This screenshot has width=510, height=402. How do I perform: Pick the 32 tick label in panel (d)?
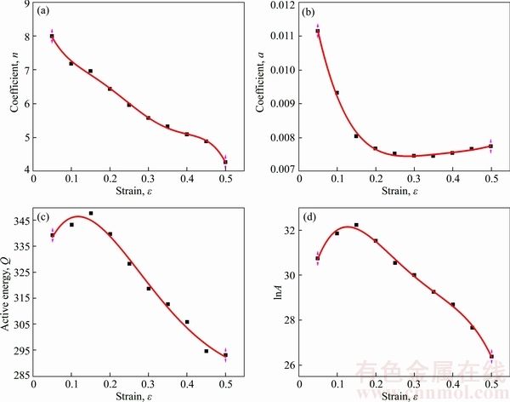pyautogui.click(x=292, y=230)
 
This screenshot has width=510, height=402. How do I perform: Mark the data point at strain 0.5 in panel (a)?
pyautogui.click(x=225, y=161)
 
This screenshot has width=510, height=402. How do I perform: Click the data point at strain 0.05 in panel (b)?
pyautogui.click(x=318, y=32)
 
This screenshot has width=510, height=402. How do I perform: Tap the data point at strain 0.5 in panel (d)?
pyautogui.click(x=491, y=357)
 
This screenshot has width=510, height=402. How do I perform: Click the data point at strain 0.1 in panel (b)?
pyautogui.click(x=337, y=93)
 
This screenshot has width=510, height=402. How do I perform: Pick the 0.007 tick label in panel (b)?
pyautogui.click(x=288, y=170)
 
